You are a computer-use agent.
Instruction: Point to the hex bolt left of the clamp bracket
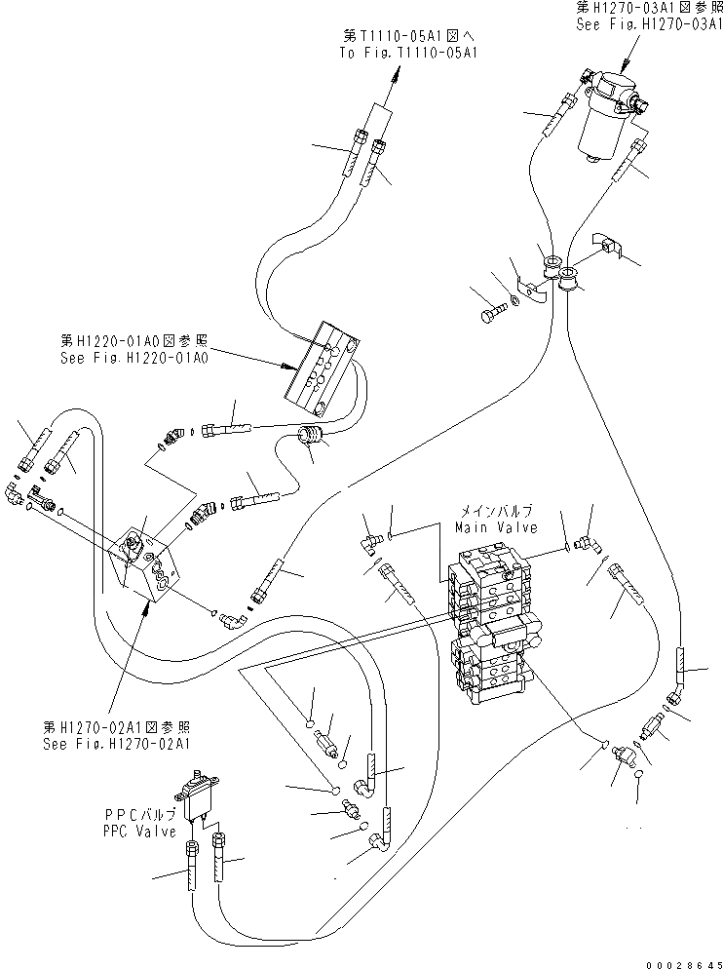pos(490,314)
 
